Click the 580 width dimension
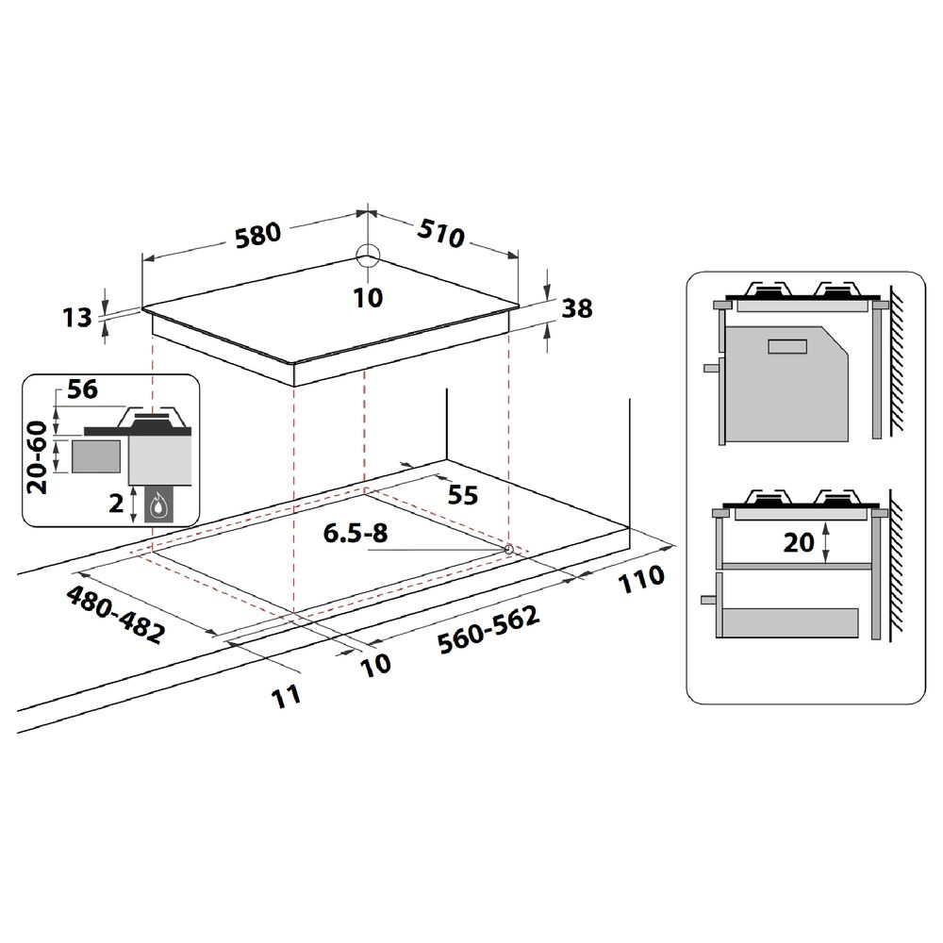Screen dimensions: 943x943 coord(258,235)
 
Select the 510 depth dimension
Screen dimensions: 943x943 coord(441,233)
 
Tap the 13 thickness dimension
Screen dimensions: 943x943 coord(77,317)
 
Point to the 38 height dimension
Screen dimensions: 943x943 coord(577,308)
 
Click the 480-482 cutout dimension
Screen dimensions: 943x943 coord(115,614)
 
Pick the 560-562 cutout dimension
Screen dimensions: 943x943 coord(488,629)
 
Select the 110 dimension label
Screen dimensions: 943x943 coord(641,579)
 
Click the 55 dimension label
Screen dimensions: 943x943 coord(463,495)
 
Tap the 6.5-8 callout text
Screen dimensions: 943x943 coord(356,533)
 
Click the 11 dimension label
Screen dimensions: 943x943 coord(286,697)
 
